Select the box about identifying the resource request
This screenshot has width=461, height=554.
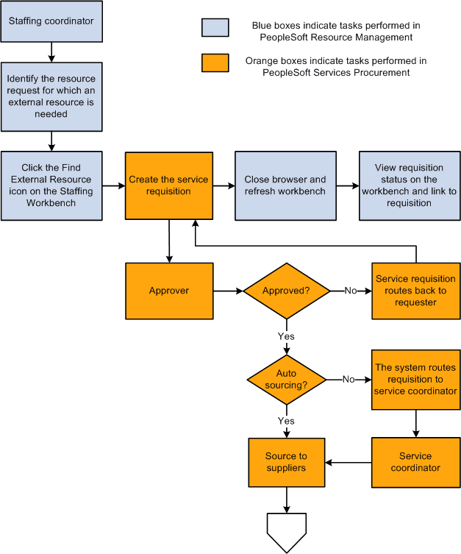pyautogui.click(x=51, y=96)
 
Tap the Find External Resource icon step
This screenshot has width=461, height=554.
pyautogui.click(x=51, y=185)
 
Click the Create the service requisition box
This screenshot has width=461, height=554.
pyautogui.click(x=168, y=185)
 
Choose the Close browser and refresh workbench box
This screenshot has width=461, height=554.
pyautogui.click(x=285, y=185)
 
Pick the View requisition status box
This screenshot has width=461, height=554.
pyautogui.click(x=409, y=185)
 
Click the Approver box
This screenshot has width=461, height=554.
pyautogui.click(x=168, y=291)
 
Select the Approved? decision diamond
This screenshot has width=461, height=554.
pyautogui.click(x=286, y=291)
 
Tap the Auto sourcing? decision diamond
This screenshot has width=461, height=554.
pyautogui.click(x=286, y=379)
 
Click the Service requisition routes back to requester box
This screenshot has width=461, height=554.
pyautogui.click(x=415, y=291)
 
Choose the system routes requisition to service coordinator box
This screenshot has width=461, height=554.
pyautogui.click(x=415, y=379)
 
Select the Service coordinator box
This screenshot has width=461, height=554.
pyautogui.click(x=415, y=462)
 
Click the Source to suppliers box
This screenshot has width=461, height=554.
pyautogui.click(x=286, y=462)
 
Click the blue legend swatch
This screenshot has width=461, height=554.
pyautogui.click(x=211, y=27)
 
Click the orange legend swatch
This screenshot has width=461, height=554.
pyautogui.click(x=211, y=63)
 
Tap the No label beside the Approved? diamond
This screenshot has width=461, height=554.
pyautogui.click(x=350, y=291)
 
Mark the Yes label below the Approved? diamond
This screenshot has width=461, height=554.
pyautogui.click(x=286, y=335)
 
